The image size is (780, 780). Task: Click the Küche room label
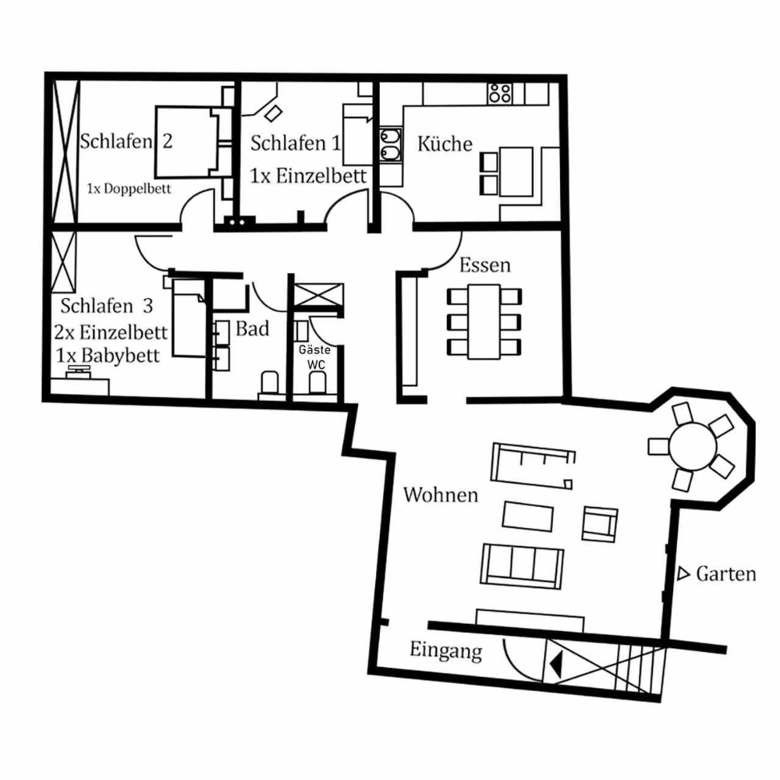click(445, 144)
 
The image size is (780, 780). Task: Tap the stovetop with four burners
click(500, 93)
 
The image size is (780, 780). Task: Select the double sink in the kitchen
click(391, 145)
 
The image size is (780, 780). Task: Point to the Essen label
click(485, 266)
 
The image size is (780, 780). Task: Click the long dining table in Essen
click(484, 322)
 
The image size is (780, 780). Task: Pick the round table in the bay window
click(693, 447)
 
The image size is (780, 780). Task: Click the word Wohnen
click(441, 495)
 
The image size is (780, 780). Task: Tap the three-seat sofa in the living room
click(522, 566)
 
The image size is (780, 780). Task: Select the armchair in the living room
click(600, 524)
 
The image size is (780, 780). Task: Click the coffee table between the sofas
click(528, 517)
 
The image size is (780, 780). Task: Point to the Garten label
click(726, 574)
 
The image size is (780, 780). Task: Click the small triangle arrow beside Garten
click(683, 574)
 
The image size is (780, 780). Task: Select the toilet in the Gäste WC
click(317, 383)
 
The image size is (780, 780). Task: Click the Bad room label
click(252, 328)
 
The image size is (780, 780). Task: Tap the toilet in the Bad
click(269, 383)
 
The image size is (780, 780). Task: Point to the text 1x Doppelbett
click(129, 189)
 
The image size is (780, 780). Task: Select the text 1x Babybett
click(108, 356)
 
